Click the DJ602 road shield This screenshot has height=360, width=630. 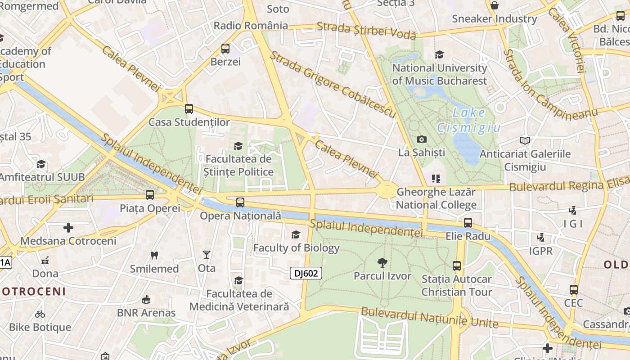(x=306, y=273)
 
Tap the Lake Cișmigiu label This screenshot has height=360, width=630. (x=468, y=120)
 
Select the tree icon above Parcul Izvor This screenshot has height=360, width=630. (x=382, y=262)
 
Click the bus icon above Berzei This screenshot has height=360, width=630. (x=225, y=49)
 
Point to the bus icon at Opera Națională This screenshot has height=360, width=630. (x=240, y=202)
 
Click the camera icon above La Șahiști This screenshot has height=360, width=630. (x=422, y=139)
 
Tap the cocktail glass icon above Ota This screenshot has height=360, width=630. (x=207, y=255)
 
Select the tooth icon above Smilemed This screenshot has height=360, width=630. (x=154, y=255)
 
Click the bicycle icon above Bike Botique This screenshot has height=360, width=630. (x=40, y=314)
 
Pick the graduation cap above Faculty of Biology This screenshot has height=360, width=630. (x=296, y=234)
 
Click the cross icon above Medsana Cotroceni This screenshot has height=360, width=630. (x=68, y=228)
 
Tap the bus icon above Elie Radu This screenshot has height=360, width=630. (x=468, y=223)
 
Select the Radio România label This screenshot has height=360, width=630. (x=251, y=26)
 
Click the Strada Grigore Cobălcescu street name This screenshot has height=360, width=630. (x=333, y=84)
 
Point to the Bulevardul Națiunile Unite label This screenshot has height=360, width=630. (x=429, y=317)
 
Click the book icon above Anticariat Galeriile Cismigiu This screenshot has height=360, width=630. (x=525, y=140)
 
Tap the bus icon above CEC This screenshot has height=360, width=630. (x=573, y=289)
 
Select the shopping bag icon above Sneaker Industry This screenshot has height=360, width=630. (x=494, y=5)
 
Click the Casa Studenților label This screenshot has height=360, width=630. (x=189, y=122)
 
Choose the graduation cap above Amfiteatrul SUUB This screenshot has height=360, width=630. (x=41, y=164)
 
